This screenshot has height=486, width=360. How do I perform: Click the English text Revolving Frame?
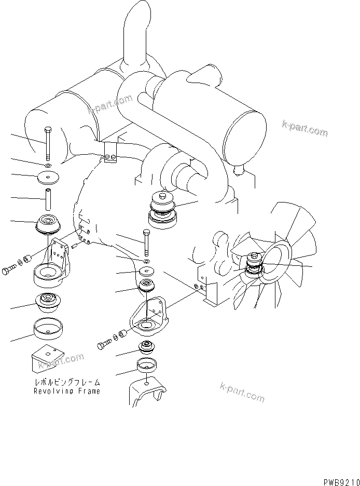67,391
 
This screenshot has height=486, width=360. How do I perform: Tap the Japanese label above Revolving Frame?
67,382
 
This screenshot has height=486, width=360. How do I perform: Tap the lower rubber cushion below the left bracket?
49,303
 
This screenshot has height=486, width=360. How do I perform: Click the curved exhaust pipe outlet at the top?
134,31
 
